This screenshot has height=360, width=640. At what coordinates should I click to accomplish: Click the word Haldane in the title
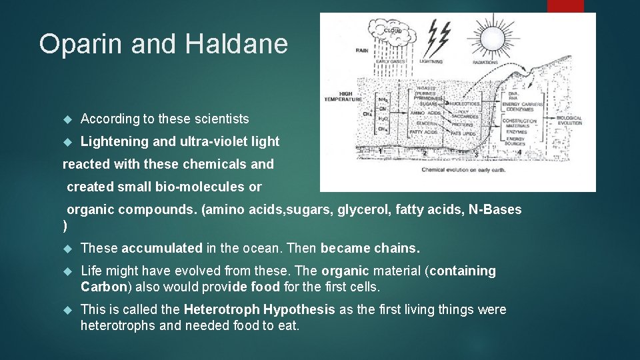tap(237, 44)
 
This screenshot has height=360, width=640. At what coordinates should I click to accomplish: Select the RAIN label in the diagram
tap(362, 50)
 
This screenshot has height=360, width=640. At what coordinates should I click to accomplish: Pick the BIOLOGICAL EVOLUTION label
tap(569, 121)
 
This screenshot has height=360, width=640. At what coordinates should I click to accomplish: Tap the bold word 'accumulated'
tap(162, 248)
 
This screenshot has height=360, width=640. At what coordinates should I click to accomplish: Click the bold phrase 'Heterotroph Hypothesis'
tap(259, 309)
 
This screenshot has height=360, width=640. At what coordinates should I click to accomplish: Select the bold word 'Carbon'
tap(103, 287)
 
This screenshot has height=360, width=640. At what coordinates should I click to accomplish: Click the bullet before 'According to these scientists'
tap(66, 119)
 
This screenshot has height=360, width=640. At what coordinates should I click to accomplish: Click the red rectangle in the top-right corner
tap(565, 5)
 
